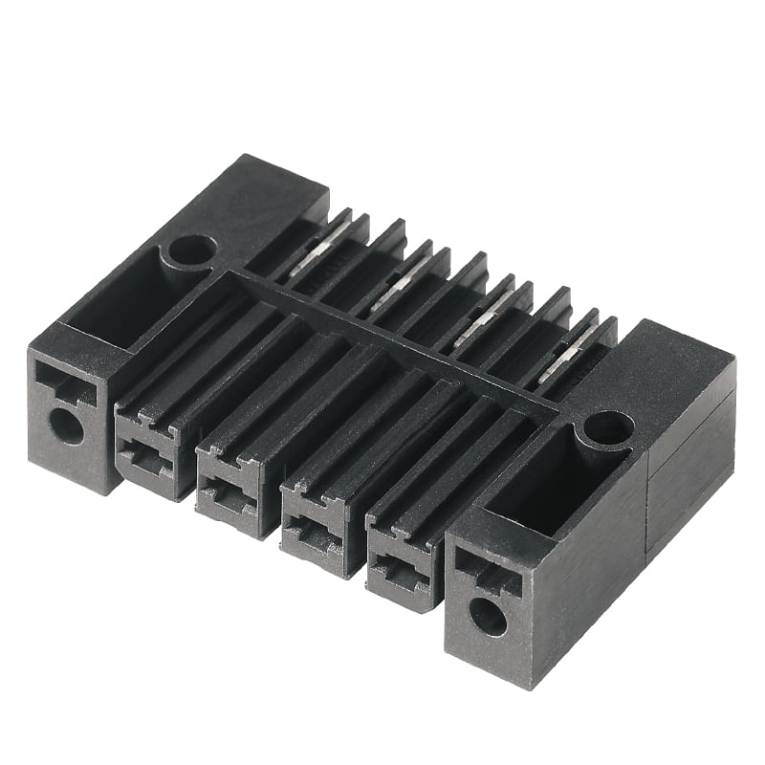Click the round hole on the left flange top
click(191, 251)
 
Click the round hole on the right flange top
click(608, 427)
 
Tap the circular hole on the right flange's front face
click(488, 617)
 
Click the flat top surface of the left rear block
click(258, 206)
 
